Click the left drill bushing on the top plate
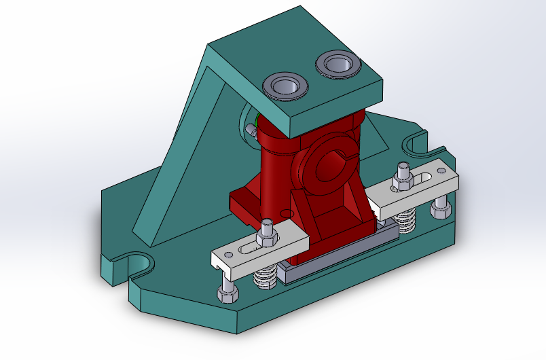[287, 86]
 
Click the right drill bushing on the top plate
[338, 65]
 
